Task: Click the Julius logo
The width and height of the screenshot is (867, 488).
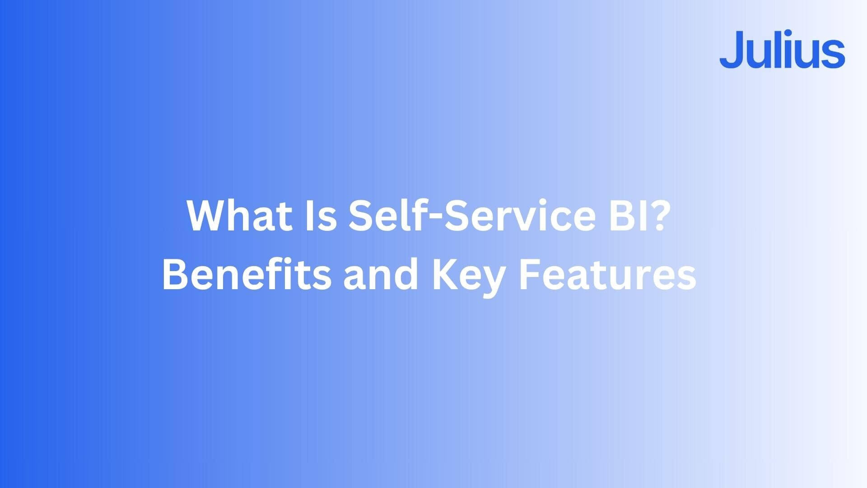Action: (782, 50)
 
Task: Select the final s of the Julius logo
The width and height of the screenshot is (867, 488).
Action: (834, 55)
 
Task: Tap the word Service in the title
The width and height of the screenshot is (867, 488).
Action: (515, 216)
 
